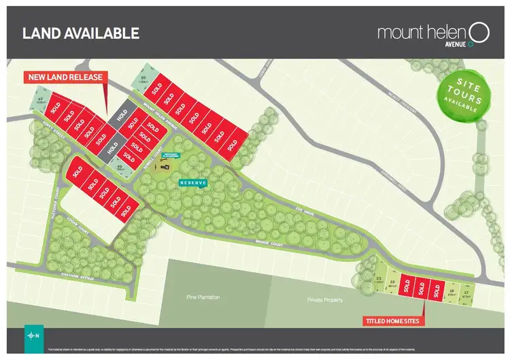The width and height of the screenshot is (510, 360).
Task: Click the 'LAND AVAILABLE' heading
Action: (x=81, y=33)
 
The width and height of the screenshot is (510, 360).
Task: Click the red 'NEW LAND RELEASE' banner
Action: (x=65, y=77)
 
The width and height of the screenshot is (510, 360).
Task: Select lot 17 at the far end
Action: (x=465, y=294)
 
